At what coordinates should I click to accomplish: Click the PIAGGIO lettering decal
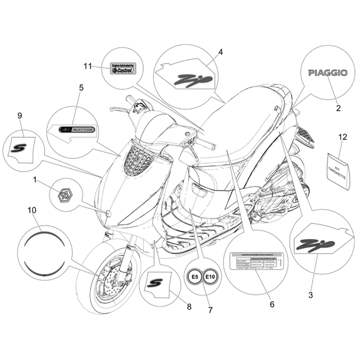coord(328,73)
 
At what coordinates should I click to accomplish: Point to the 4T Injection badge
coord(77,130)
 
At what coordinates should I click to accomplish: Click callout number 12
coord(343,137)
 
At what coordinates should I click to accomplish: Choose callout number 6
coord(272,304)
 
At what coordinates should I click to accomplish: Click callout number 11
coord(87,67)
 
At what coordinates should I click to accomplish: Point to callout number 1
coord(35,180)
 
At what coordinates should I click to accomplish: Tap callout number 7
coord(210,310)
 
